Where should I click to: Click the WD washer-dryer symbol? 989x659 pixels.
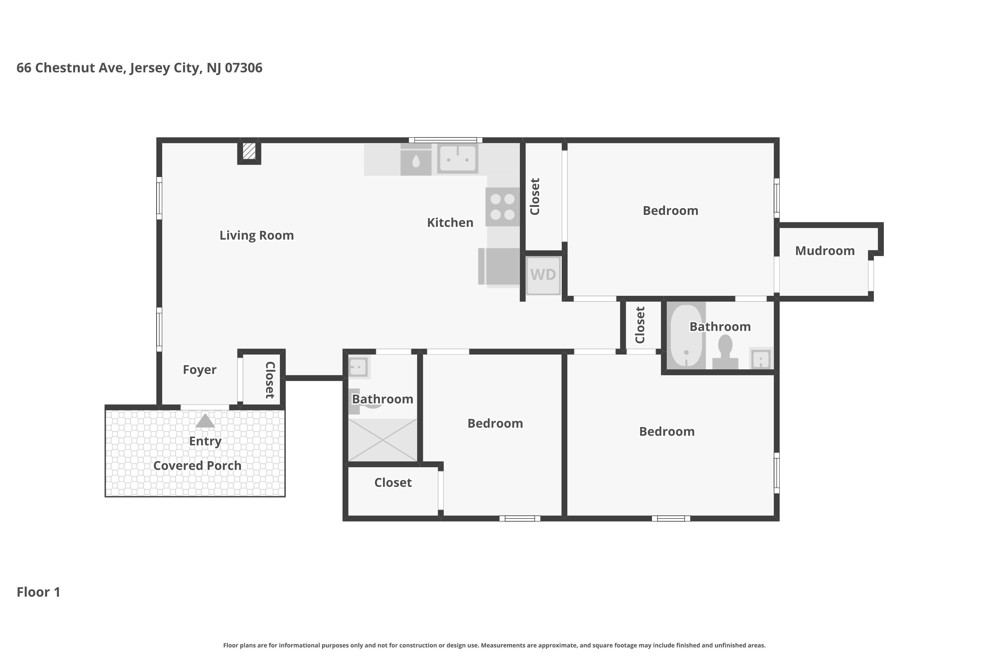(543, 275)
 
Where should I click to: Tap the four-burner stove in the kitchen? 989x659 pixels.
(502, 207)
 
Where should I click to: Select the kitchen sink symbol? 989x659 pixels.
(458, 158)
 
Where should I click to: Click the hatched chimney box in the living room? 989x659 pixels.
(249, 151)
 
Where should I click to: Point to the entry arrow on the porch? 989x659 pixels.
(205, 421)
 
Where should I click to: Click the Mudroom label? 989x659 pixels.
(824, 251)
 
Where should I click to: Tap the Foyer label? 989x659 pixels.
(199, 370)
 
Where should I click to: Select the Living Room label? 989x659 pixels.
(256, 235)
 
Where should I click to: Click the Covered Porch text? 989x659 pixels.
(197, 466)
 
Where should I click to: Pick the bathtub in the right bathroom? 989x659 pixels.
(686, 335)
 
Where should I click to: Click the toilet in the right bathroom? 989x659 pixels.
(725, 353)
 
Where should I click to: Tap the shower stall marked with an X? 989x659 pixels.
(383, 440)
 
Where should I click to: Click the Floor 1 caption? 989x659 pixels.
(38, 592)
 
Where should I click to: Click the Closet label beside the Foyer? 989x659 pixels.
(270, 380)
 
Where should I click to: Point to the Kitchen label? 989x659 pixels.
(450, 223)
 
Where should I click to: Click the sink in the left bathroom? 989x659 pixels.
(358, 367)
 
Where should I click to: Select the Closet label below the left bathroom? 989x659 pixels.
(393, 482)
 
